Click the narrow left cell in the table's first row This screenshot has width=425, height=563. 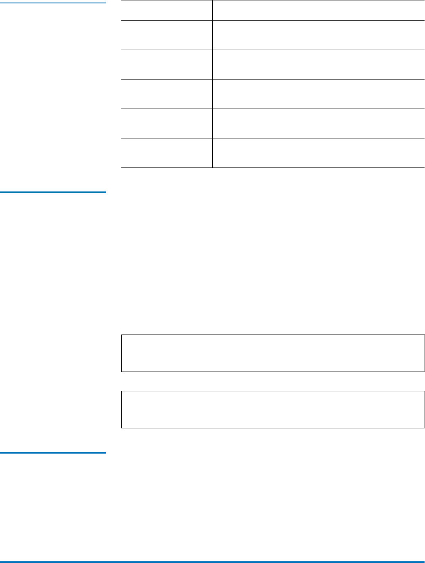(x=167, y=10)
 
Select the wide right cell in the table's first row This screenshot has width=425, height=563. (x=318, y=10)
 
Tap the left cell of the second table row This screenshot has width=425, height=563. (x=167, y=35)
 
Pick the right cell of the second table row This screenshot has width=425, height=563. (x=318, y=35)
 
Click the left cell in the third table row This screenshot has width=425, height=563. (x=167, y=64)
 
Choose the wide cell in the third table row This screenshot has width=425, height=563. (x=318, y=64)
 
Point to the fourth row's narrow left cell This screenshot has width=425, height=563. (x=167, y=94)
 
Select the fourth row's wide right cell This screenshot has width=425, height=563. (x=318, y=94)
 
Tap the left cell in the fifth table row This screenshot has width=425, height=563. (x=167, y=123)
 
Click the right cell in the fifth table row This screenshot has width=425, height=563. (x=318, y=123)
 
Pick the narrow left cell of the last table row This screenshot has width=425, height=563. (x=167, y=153)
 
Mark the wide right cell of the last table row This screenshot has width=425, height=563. (x=318, y=153)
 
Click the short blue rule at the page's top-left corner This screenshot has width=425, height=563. (x=53, y=3)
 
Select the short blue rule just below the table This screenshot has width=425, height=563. (x=53, y=192)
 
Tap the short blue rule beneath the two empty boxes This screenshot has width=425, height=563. (x=53, y=453)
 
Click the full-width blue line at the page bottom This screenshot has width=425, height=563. (x=212, y=561)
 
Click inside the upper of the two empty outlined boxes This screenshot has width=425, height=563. (x=273, y=353)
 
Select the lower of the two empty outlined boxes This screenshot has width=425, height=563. (x=273, y=409)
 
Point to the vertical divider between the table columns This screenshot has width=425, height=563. (x=212, y=84)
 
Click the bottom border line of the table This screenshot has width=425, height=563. (x=273, y=168)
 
